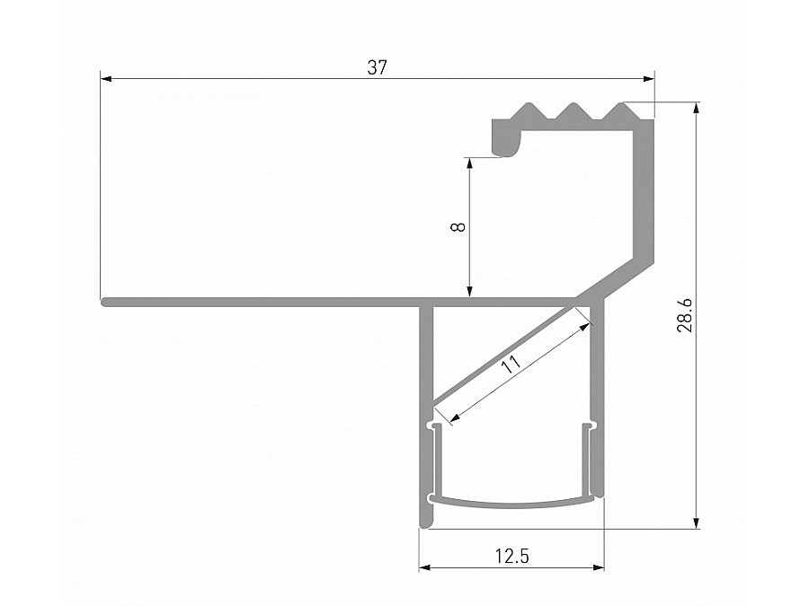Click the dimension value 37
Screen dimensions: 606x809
pyautogui.click(x=377, y=67)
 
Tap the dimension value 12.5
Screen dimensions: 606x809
pyautogui.click(x=511, y=557)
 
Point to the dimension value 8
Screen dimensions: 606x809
pyautogui.click(x=458, y=227)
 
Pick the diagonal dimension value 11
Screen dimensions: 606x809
pyautogui.click(x=511, y=364)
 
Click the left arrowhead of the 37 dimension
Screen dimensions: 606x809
pyautogui.click(x=105, y=79)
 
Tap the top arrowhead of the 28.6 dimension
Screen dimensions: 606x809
pyautogui.click(x=697, y=108)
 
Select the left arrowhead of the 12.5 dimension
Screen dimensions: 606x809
pyautogui.click(x=425, y=567)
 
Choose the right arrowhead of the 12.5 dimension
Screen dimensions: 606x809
pyautogui.click(x=599, y=567)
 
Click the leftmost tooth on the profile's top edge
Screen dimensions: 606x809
pyautogui.click(x=526, y=112)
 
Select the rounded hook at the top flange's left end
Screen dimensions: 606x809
pyautogui.click(x=505, y=139)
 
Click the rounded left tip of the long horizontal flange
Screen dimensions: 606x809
pyautogui.click(x=105, y=303)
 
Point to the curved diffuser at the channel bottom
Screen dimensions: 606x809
pyautogui.click(x=512, y=502)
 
